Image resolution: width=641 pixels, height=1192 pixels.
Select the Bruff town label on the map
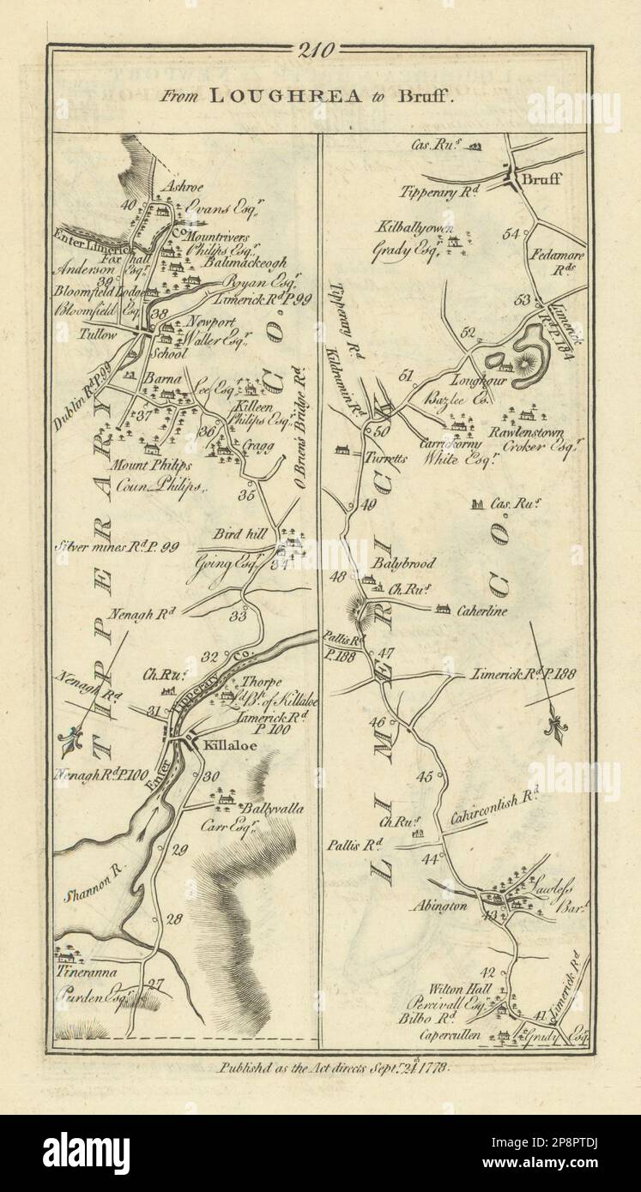[x=546, y=182]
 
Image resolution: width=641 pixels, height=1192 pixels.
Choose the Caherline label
[x=486, y=611]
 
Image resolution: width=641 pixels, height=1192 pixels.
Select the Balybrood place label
[x=403, y=563]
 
